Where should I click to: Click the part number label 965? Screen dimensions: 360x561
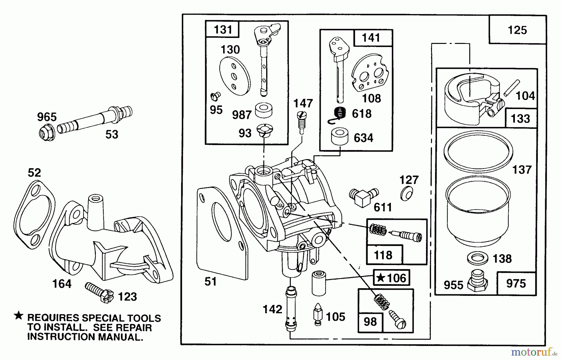click(x=47, y=117)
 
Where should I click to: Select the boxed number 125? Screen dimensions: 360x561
click(x=517, y=30)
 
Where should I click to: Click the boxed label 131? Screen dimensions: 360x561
click(x=223, y=30)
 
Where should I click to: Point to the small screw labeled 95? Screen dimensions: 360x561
click(x=215, y=97)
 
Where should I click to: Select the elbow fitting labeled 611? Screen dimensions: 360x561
click(x=363, y=197)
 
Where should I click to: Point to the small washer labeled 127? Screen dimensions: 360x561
click(x=406, y=195)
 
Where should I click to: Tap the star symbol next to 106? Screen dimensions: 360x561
click(x=380, y=278)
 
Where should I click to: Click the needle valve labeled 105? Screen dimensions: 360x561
click(x=318, y=314)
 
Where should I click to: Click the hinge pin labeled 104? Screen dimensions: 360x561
click(x=512, y=88)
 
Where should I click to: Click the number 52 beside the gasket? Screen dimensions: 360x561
click(x=34, y=173)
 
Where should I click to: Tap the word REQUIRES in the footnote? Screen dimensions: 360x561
click(x=53, y=318)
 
